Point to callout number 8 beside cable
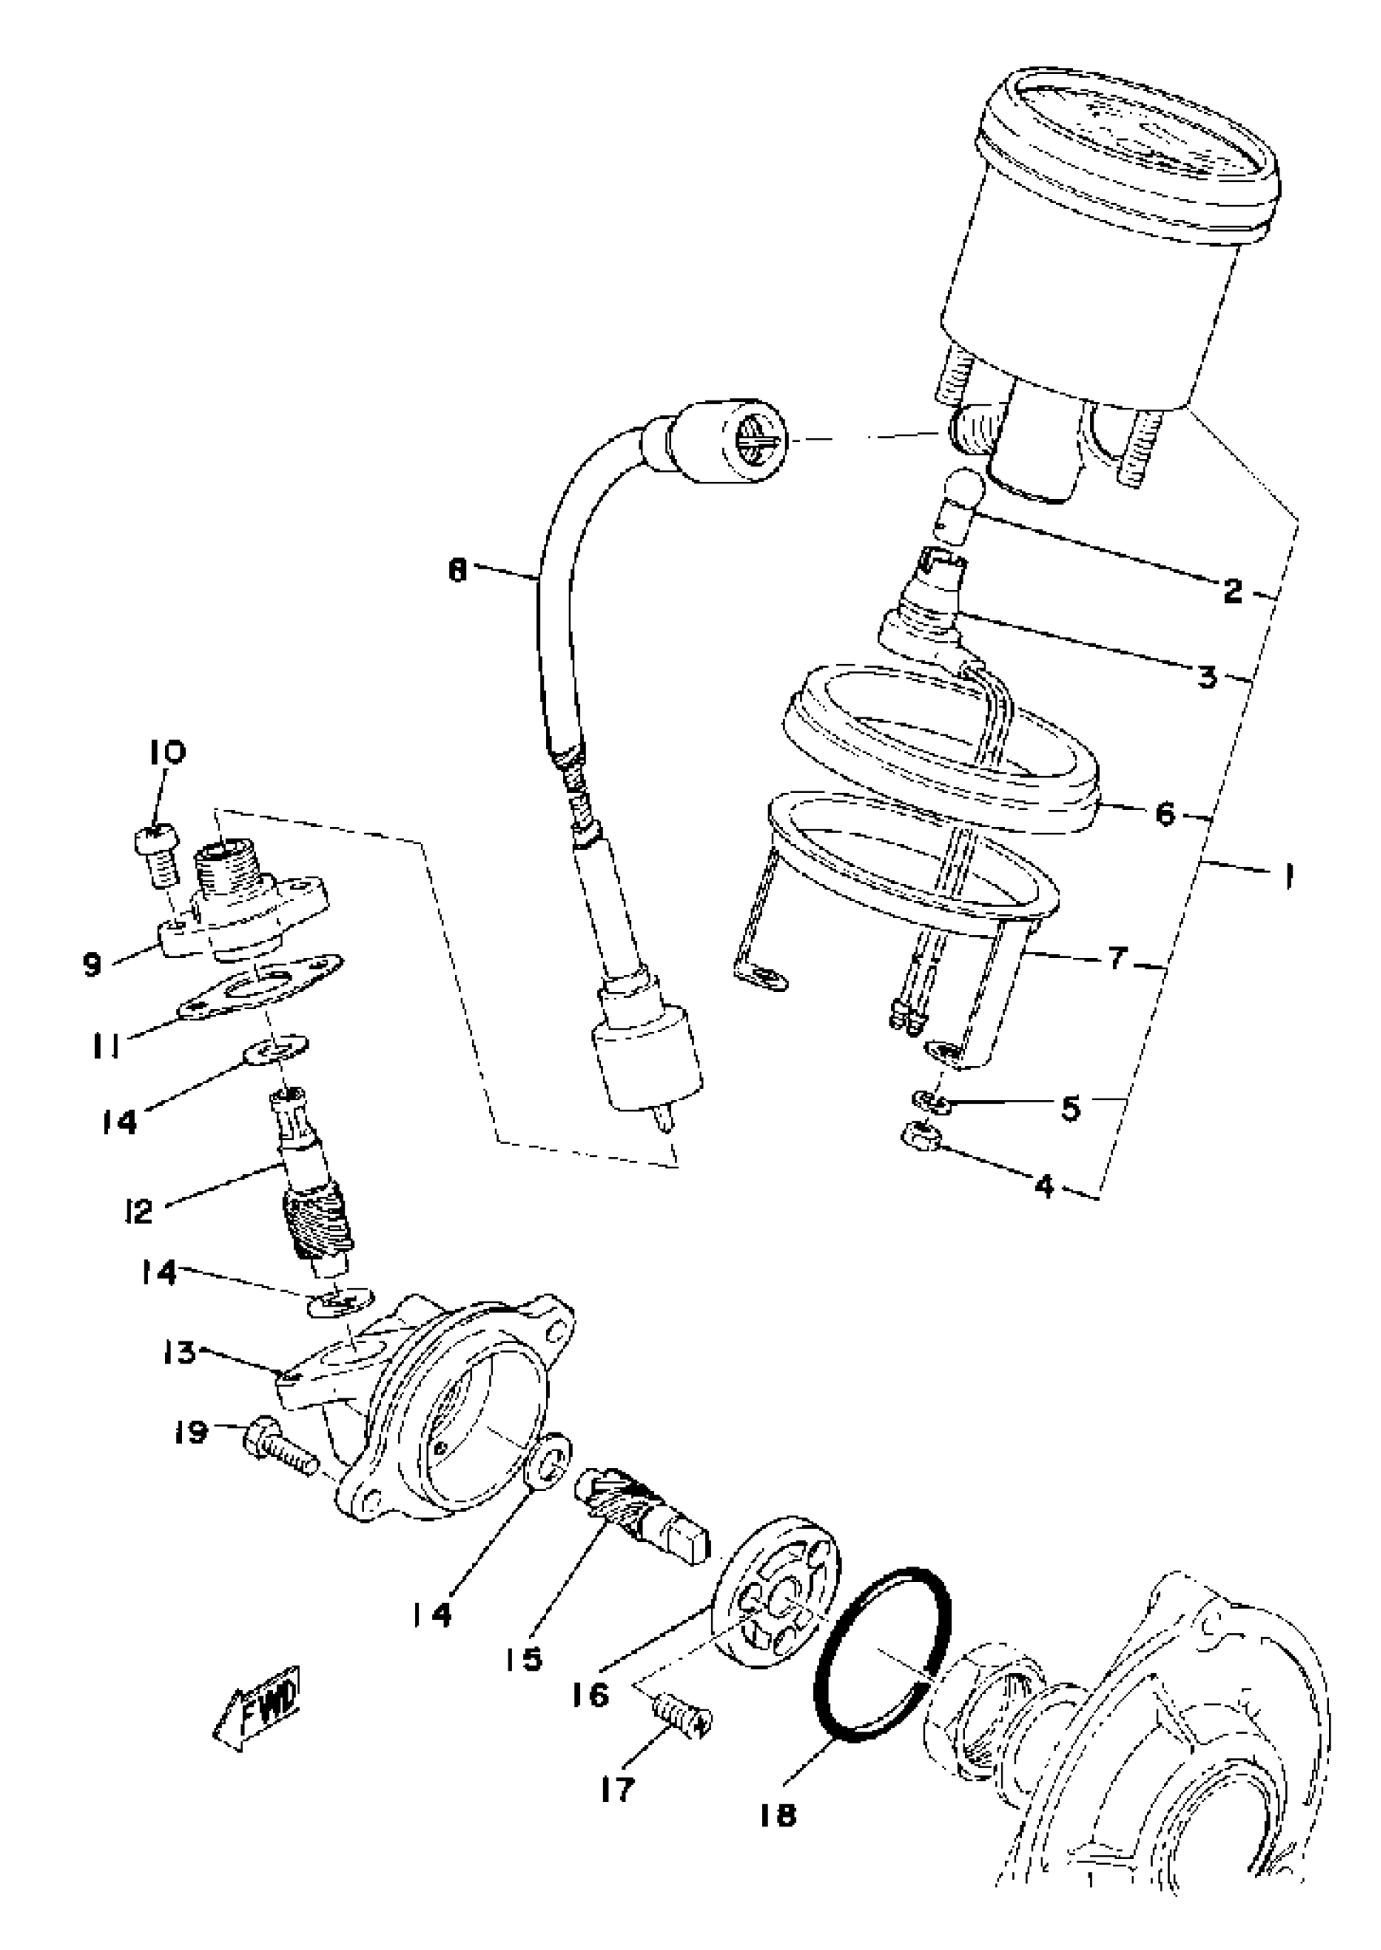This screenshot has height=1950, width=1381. (458, 570)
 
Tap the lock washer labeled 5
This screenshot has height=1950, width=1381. (931, 1103)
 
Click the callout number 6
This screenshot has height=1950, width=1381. (1164, 814)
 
